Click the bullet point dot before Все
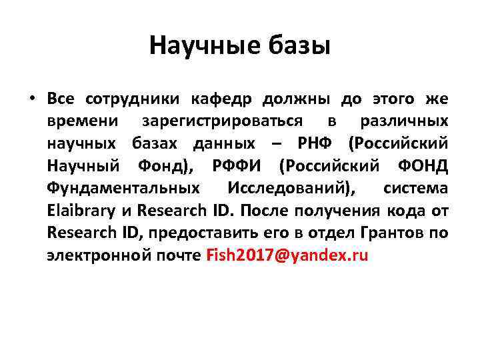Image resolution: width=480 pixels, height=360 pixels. pos(31,99)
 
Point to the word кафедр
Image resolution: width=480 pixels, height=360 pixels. pos(221,99)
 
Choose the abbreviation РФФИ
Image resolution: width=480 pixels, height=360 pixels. pos(241,165)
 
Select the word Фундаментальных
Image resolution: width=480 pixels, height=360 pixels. pos(123,188)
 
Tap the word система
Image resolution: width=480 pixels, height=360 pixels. pos(415,188)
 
